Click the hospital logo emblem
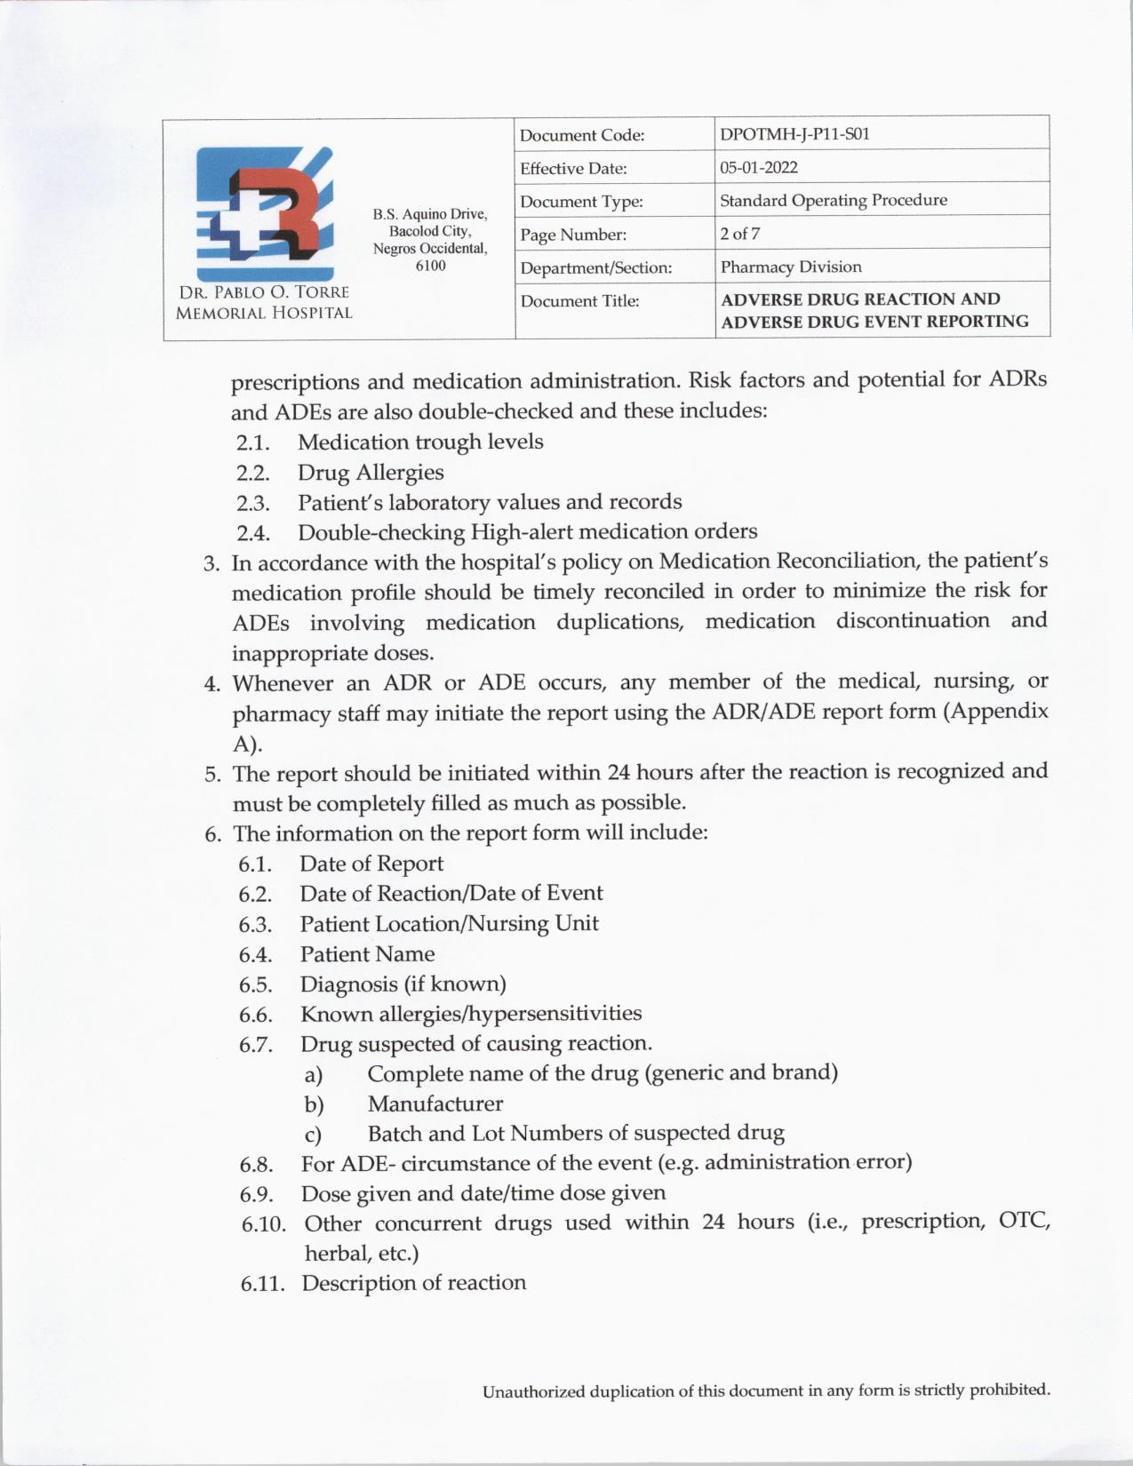point(264,213)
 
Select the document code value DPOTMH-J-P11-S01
point(794,134)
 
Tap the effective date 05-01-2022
point(758,167)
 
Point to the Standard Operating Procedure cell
point(833,200)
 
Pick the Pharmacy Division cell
point(790,267)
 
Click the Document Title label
point(579,301)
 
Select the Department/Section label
point(595,267)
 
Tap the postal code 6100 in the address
point(430,266)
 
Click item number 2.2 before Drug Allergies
point(252,473)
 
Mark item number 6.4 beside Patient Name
point(254,955)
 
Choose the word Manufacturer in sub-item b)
point(435,1103)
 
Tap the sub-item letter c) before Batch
point(313,1135)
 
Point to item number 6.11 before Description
point(263,1284)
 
